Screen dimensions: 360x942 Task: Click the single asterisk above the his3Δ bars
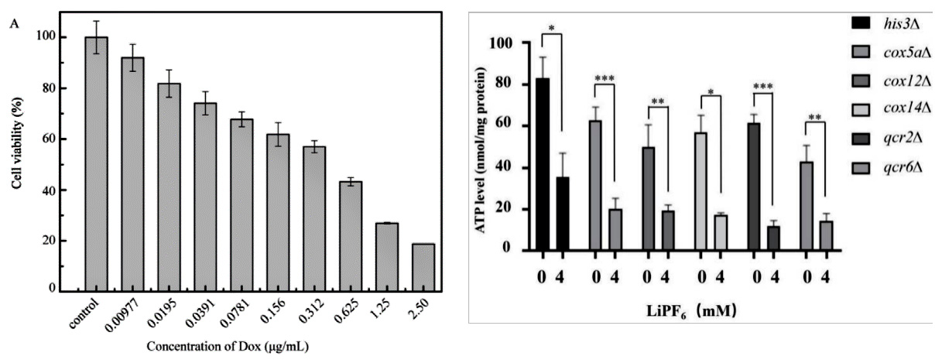pos(550,26)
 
